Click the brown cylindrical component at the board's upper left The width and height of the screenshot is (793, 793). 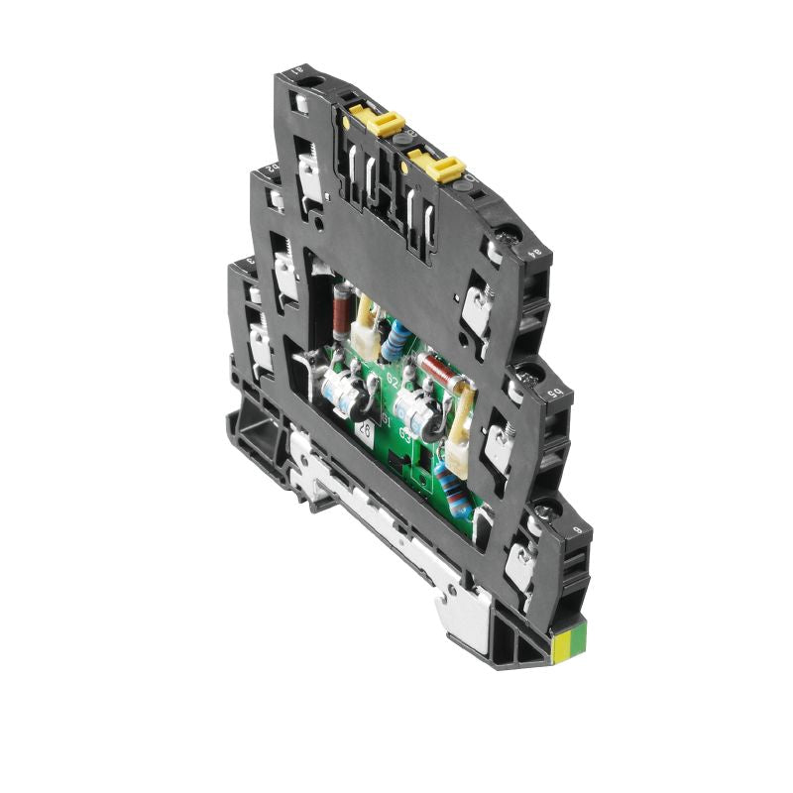coord(339,306)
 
